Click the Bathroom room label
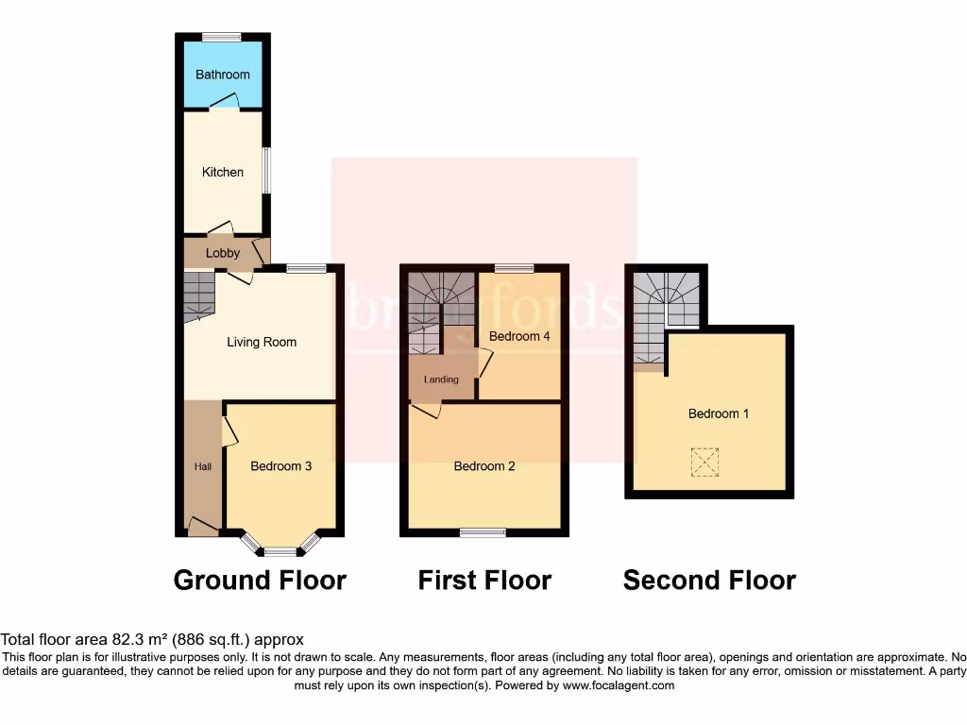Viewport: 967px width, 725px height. (223, 75)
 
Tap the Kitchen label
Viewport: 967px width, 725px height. (223, 172)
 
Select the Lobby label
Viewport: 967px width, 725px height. (223, 253)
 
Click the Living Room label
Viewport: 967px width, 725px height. (262, 342)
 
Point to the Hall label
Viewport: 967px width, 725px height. (202, 466)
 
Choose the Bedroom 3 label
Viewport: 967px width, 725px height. (281, 466)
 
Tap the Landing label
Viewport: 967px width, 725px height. (441, 379)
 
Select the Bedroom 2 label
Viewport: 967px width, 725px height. (484, 466)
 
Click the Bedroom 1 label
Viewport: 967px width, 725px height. (719, 413)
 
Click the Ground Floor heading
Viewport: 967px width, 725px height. (260, 580)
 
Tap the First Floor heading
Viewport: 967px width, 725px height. (484, 580)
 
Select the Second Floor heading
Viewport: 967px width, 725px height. (709, 580)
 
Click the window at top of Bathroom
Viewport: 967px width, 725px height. (221, 37)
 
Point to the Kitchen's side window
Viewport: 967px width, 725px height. (266, 171)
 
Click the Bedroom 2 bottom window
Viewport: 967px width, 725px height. (483, 533)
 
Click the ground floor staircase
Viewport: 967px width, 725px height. (199, 295)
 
